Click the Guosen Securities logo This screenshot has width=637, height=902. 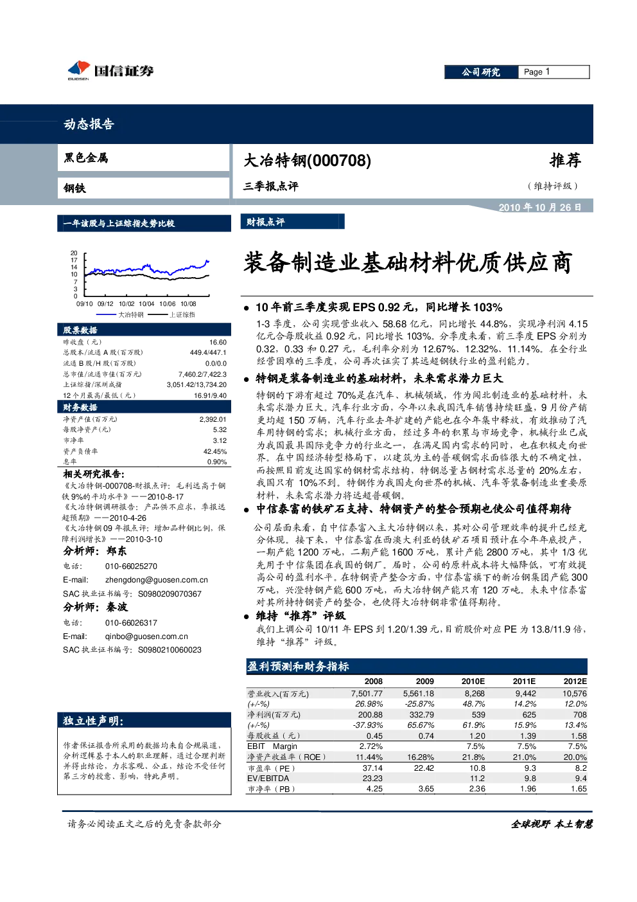tap(110, 71)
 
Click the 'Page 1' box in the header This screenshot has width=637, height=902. tap(554, 72)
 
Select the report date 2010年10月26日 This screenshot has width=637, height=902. tap(539, 208)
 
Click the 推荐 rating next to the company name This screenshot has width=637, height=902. tap(565, 160)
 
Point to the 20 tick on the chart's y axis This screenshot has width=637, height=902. tap(74, 253)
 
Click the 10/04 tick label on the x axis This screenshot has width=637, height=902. tap(146, 304)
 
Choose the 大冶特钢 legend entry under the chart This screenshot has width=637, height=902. tap(120, 314)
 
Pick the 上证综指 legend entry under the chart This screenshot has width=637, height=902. tap(171, 314)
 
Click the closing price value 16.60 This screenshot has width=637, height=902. tap(218, 342)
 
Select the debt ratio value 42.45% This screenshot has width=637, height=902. tap(215, 451)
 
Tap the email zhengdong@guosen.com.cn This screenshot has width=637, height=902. tap(157, 580)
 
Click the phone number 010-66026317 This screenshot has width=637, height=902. tap(131, 622)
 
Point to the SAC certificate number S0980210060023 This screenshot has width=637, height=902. tap(170, 649)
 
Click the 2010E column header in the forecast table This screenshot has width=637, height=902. tap(473, 681)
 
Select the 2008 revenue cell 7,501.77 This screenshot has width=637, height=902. tap(367, 694)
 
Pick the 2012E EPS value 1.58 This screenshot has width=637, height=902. tap(579, 735)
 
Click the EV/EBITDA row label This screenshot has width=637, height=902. tap(268, 779)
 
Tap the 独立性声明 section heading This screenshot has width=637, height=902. tap(93, 721)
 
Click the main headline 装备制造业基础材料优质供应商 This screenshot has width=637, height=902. tap(408, 262)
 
